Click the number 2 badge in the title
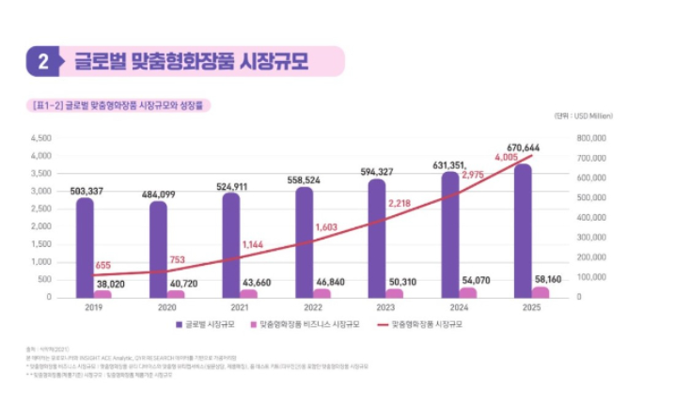point(43,62)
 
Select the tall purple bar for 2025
point(523,230)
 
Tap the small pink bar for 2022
point(321,293)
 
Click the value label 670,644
point(523,148)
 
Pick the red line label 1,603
point(326,227)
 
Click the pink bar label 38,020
point(110,284)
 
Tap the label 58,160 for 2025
point(548,280)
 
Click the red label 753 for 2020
point(177,260)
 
